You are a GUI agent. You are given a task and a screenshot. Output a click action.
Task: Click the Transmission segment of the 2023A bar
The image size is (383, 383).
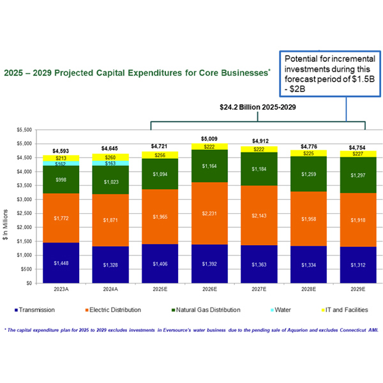point(61,262)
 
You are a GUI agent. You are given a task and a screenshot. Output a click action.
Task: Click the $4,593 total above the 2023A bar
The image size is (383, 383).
point(61,150)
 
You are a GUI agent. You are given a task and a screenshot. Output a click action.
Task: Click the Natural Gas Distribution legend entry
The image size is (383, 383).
point(204,310)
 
